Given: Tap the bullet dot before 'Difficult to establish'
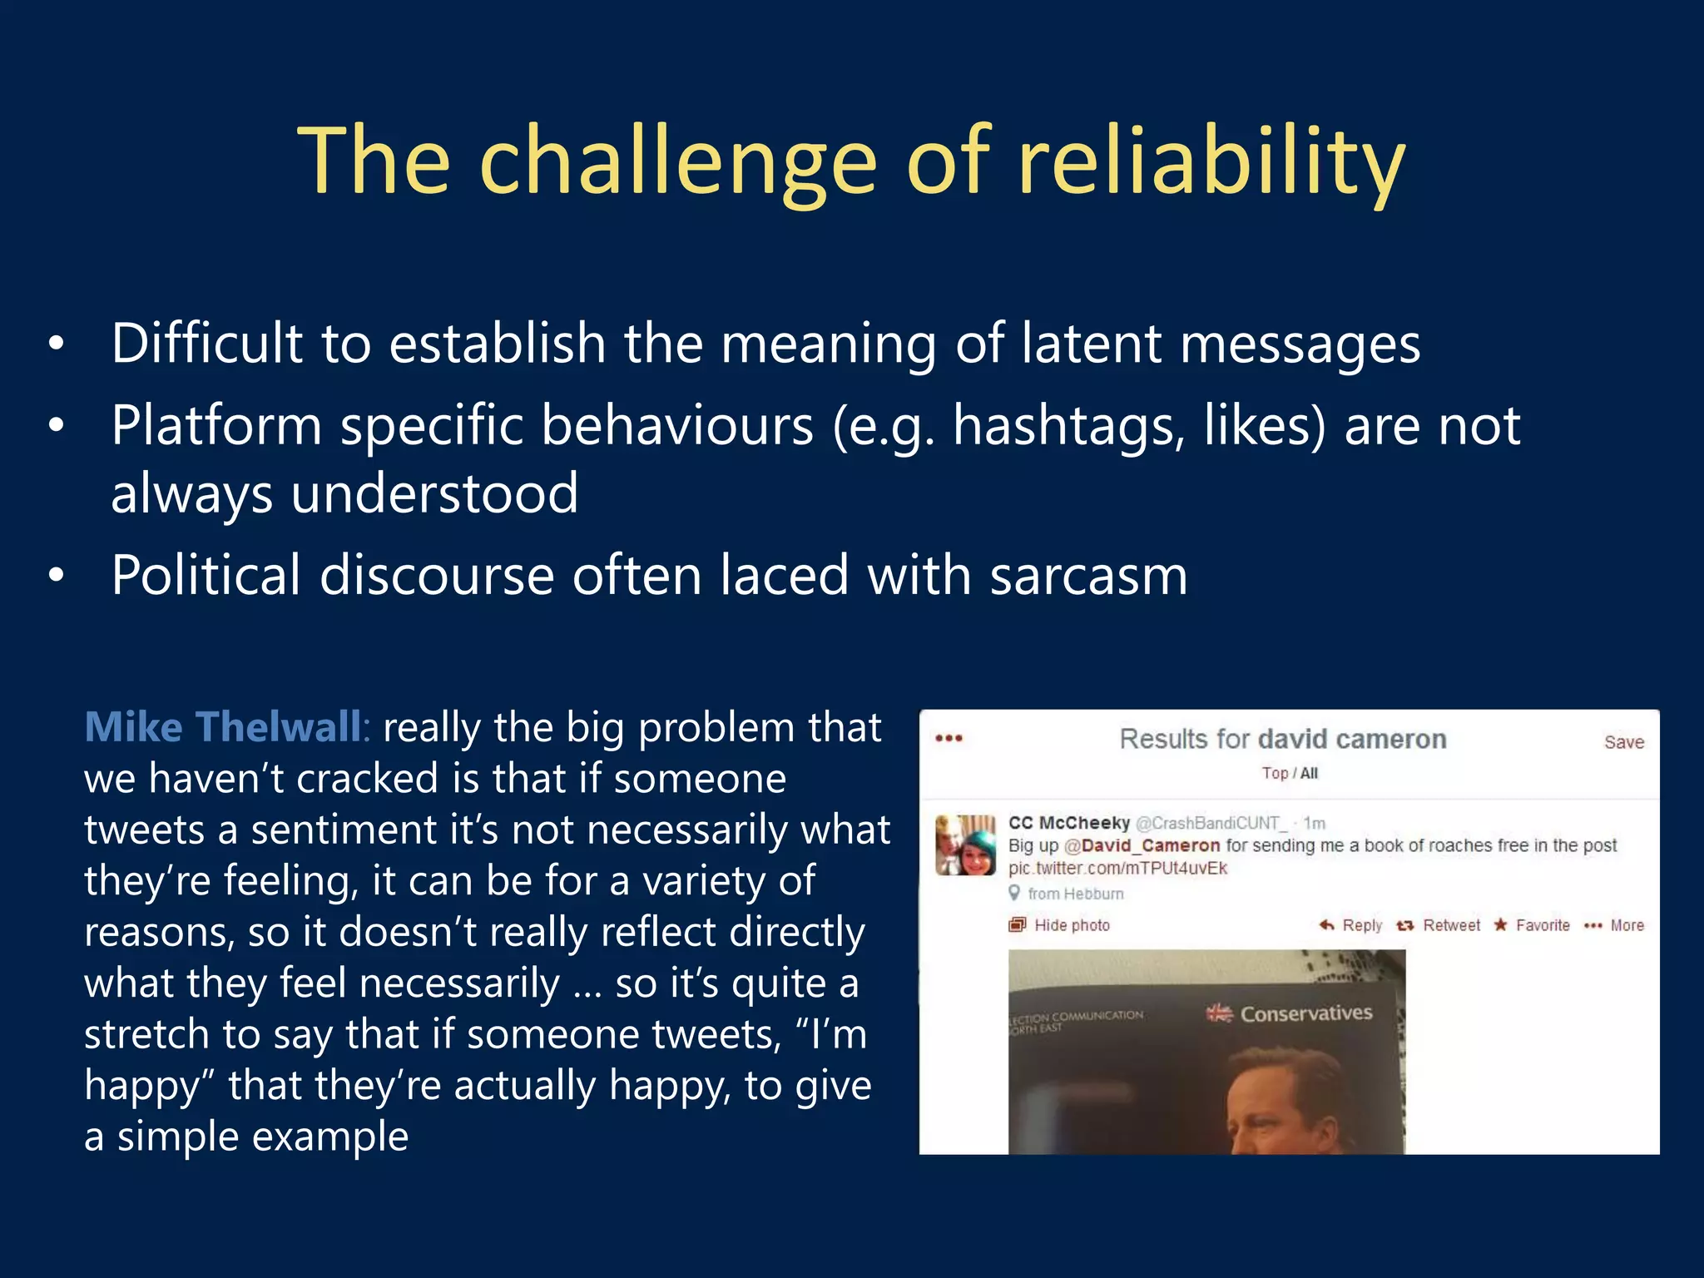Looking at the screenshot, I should click(56, 344).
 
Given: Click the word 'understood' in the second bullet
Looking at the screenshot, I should click(434, 493).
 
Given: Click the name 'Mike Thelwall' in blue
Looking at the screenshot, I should click(223, 726).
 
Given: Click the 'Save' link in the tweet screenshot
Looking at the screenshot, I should click(1623, 742).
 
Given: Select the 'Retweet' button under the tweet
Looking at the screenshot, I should click(1450, 925).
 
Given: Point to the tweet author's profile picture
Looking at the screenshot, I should click(965, 845).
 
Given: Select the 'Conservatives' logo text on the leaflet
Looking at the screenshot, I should click(1305, 1013).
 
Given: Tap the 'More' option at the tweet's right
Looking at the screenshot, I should click(1626, 925).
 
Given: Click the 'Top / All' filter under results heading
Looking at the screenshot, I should click(1289, 773).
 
